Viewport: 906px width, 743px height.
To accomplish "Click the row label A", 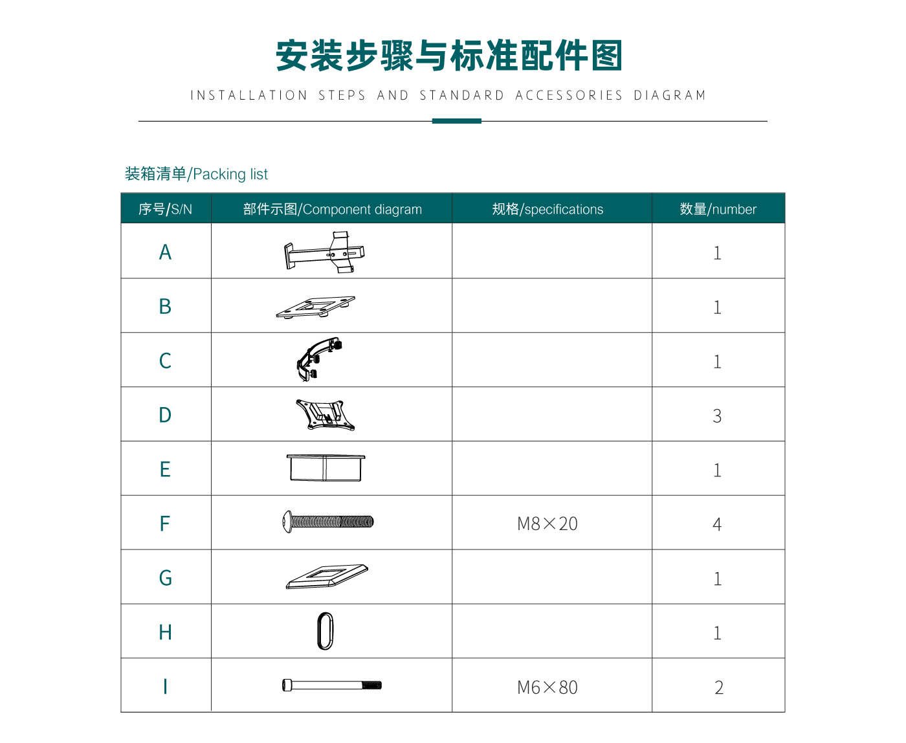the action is [x=165, y=252].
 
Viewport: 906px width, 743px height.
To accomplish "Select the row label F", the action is [x=164, y=524].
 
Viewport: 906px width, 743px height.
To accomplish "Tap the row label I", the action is [x=165, y=686].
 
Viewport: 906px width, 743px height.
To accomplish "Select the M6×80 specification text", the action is [x=547, y=687].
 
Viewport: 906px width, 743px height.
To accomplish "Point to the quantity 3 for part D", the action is [x=717, y=416].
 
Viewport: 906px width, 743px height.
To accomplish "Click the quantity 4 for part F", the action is [x=717, y=524].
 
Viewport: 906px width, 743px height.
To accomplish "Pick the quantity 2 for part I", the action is [x=719, y=687].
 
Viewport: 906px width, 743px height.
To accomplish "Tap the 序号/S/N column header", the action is [x=165, y=209].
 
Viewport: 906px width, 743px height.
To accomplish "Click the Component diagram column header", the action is [x=332, y=209].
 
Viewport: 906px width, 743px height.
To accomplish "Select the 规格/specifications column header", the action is [x=547, y=209].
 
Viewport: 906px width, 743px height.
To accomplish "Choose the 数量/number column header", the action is [x=718, y=209].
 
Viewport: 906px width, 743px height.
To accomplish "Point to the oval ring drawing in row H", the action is [x=318, y=631].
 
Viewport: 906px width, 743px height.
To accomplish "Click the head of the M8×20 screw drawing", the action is [x=287, y=522].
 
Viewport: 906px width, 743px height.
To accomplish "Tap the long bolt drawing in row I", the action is [x=331, y=685].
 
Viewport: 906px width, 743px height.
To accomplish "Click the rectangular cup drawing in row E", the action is [x=326, y=467].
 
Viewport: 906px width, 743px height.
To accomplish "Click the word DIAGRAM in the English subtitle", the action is [x=670, y=95].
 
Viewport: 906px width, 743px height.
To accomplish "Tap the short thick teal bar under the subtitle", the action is [x=457, y=121].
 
